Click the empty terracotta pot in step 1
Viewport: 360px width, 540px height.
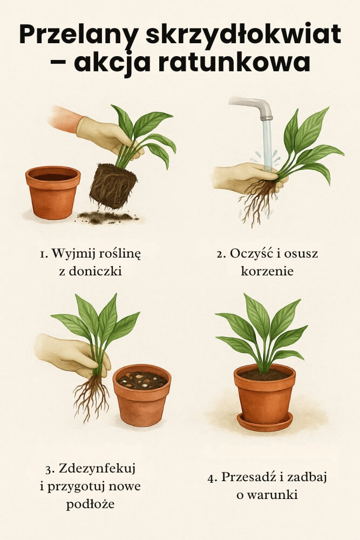53,192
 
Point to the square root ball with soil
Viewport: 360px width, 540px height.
113,185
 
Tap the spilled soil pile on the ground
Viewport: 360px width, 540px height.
107,217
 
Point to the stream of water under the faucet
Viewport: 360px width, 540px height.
267,145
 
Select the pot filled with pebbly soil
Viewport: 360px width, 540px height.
142,395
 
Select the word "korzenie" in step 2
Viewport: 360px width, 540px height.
267,271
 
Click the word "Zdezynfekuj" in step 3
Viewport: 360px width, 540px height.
97,469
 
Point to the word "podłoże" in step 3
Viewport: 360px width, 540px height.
90,504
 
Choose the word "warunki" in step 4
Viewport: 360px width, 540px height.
272,495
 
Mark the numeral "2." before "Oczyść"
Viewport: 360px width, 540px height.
221,254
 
